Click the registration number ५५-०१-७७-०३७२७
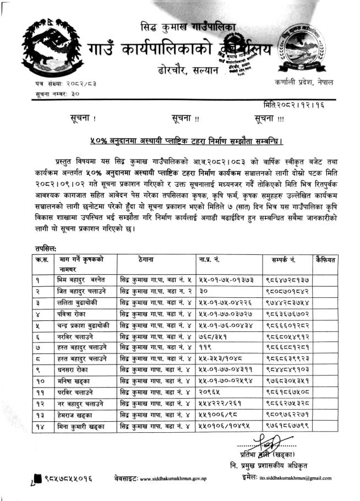226,314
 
